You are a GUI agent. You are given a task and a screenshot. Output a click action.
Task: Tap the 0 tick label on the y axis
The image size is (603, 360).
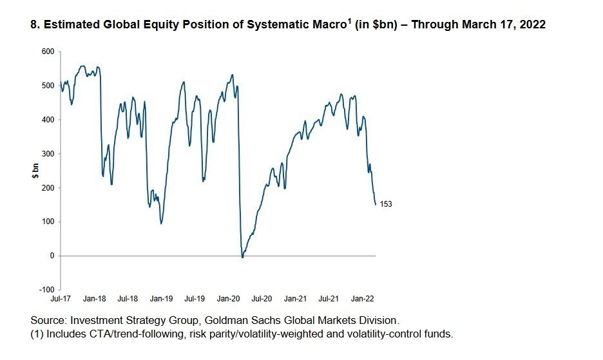(x=53, y=256)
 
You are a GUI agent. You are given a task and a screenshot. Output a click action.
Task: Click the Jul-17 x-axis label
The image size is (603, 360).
(x=60, y=299)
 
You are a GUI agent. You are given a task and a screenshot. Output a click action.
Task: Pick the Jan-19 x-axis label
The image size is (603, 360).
(x=161, y=299)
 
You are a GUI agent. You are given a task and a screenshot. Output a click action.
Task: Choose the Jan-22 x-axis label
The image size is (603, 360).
(x=362, y=299)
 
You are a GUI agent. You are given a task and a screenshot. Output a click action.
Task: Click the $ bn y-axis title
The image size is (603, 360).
(x=36, y=171)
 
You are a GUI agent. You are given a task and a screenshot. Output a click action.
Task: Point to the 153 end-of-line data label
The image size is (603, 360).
(x=386, y=204)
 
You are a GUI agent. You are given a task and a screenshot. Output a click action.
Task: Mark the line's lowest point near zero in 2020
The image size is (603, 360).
(x=242, y=258)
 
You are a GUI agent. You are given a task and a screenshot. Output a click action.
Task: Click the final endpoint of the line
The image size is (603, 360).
(x=376, y=204)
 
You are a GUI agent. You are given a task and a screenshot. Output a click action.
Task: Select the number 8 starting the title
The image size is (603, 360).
(x=34, y=25)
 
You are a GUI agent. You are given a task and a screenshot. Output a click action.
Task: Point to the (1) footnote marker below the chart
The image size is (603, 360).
(x=37, y=334)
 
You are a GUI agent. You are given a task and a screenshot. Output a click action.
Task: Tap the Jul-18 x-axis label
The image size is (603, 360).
(x=127, y=299)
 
